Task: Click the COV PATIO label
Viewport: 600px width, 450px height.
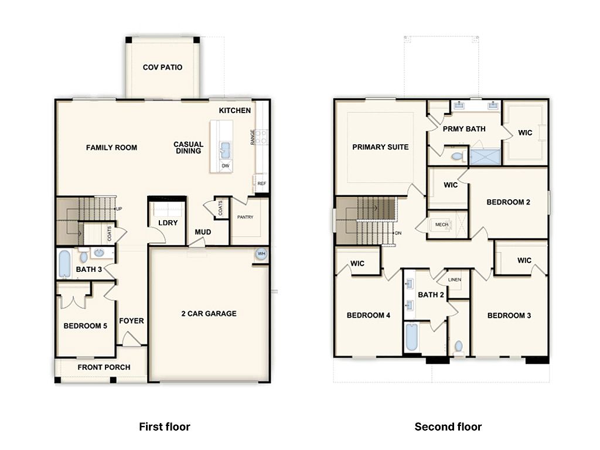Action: [162, 67]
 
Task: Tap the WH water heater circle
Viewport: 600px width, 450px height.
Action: [261, 254]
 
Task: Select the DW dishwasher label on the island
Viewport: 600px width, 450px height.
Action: [226, 166]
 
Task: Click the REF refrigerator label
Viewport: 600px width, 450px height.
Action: [262, 183]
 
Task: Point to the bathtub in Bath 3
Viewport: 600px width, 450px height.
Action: [64, 264]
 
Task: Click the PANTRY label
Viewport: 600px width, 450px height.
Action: [246, 217]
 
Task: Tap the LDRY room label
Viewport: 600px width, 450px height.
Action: [168, 223]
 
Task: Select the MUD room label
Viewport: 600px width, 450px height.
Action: [203, 232]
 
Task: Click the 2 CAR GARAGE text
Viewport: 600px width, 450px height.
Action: [209, 313]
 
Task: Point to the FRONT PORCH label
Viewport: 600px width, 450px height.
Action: [104, 367]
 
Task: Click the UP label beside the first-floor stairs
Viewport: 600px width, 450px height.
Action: [119, 209]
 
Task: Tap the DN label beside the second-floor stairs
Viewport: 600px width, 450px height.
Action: [398, 233]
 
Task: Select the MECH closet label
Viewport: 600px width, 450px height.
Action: [442, 224]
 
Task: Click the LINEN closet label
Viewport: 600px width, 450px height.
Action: [455, 279]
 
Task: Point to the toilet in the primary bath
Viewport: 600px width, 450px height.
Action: [458, 156]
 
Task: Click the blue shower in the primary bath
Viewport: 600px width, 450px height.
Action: [485, 157]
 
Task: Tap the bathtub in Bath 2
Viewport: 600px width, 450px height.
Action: [411, 337]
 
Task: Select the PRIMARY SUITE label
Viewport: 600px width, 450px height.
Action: [380, 147]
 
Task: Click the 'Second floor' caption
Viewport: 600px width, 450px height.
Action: [448, 427]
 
